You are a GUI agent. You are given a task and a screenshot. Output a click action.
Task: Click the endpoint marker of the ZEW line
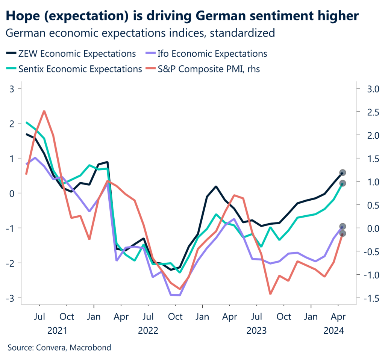343,173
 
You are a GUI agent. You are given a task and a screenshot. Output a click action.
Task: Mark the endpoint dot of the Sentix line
343,183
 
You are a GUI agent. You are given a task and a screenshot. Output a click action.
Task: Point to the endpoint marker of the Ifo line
343,226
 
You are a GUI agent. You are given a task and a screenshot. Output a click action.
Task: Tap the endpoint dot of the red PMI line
343,233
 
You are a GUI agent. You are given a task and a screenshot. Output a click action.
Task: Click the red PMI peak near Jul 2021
44,111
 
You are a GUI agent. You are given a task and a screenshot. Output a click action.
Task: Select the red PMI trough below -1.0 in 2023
270,293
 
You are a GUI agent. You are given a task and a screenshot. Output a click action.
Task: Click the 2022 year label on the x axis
148,331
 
